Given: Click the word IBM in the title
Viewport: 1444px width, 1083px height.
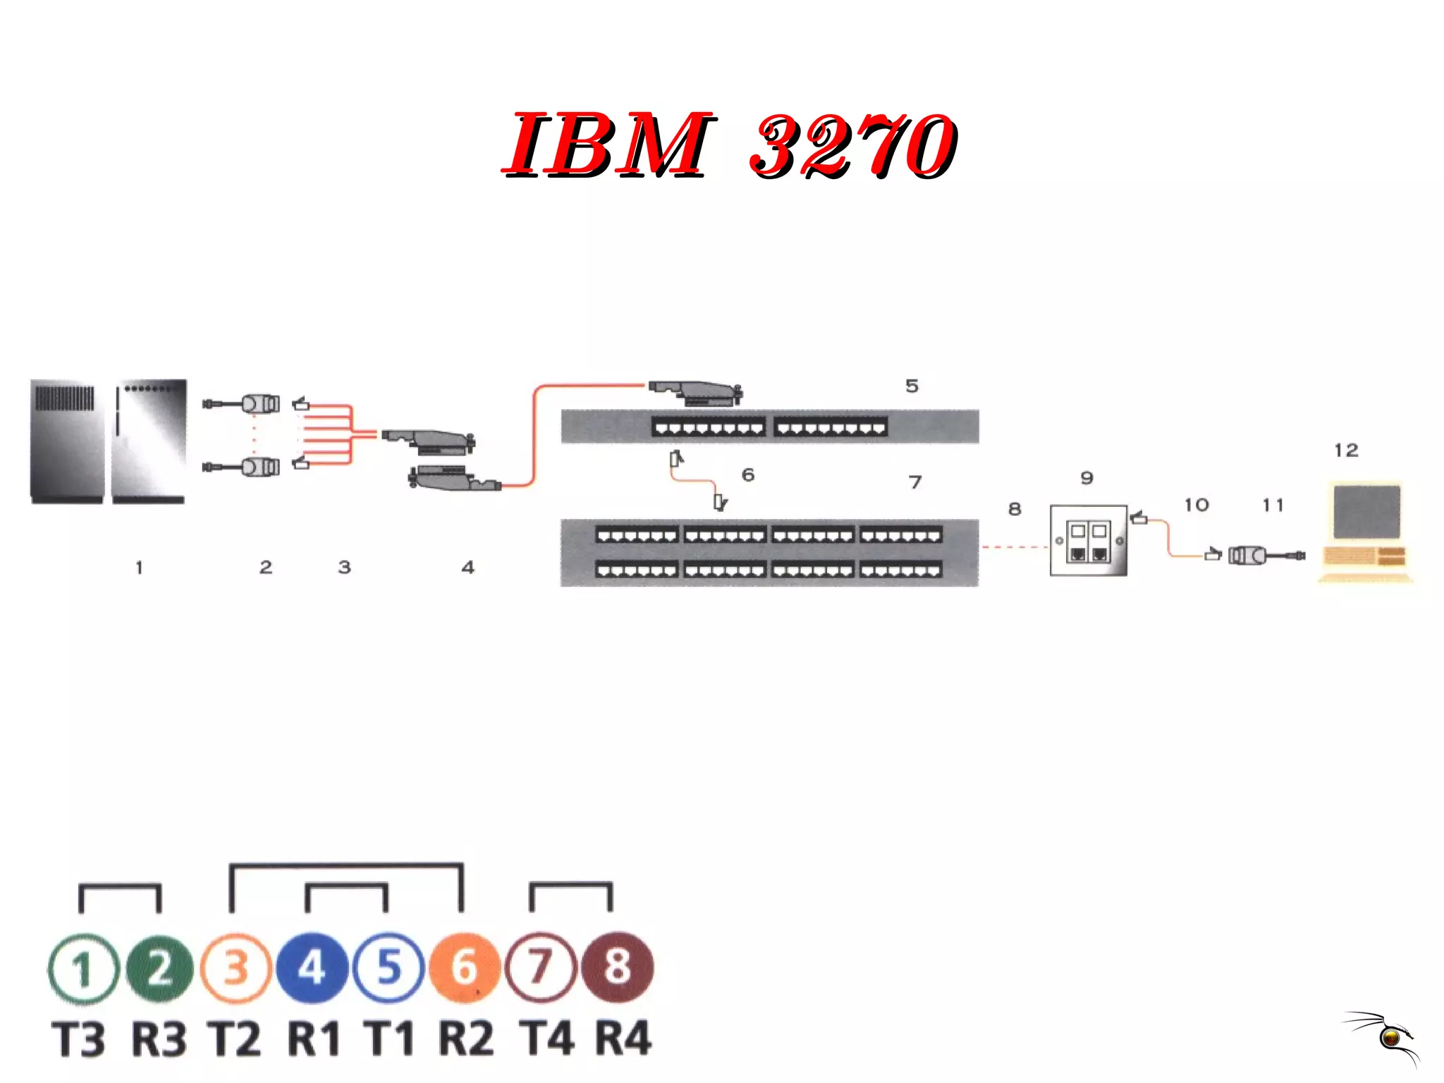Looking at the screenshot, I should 608,145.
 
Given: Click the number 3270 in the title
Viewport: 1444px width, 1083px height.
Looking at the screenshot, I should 853,146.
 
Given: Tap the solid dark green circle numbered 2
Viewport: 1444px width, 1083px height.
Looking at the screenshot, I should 160,967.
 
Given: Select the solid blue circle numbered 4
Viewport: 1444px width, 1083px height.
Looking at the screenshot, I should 312,967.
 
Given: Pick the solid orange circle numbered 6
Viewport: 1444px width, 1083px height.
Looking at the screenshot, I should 464,967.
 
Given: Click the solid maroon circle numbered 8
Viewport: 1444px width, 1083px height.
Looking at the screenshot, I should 617,967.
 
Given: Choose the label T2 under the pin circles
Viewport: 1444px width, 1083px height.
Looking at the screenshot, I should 235,1039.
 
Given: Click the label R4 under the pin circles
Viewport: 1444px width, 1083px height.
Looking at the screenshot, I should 623,1039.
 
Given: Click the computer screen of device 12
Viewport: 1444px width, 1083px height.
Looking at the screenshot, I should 1366,513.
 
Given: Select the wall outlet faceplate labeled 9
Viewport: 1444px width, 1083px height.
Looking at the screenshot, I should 1088,541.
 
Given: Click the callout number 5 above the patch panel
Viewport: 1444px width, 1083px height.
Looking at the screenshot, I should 912,386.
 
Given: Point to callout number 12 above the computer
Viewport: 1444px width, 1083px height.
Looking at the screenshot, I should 1346,450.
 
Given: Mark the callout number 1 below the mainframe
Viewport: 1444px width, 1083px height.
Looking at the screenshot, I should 139,567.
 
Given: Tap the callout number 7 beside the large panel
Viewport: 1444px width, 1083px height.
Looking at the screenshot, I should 915,482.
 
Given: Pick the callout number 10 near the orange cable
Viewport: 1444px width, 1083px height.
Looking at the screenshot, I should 1197,505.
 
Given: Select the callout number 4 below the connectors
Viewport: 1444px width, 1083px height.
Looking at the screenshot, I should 468,567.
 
